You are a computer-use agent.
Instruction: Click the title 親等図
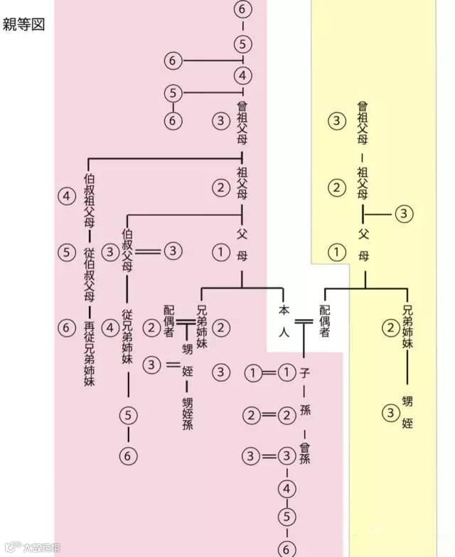(x=25, y=25)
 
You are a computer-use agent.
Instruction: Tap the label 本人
(x=283, y=321)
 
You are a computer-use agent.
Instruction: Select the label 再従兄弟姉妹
(x=89, y=353)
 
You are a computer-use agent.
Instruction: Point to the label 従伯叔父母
(x=89, y=274)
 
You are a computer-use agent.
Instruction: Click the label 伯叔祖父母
(x=89, y=200)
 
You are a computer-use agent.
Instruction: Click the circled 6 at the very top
(x=244, y=10)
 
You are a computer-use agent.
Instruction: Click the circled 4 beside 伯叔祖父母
(x=67, y=196)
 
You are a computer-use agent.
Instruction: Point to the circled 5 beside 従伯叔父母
(x=67, y=252)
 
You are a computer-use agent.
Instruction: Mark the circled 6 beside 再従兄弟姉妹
(x=67, y=328)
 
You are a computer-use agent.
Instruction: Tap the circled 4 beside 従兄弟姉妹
(x=110, y=328)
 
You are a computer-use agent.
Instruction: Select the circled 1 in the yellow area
(x=336, y=252)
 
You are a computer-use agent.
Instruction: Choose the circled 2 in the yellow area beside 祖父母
(x=336, y=188)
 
